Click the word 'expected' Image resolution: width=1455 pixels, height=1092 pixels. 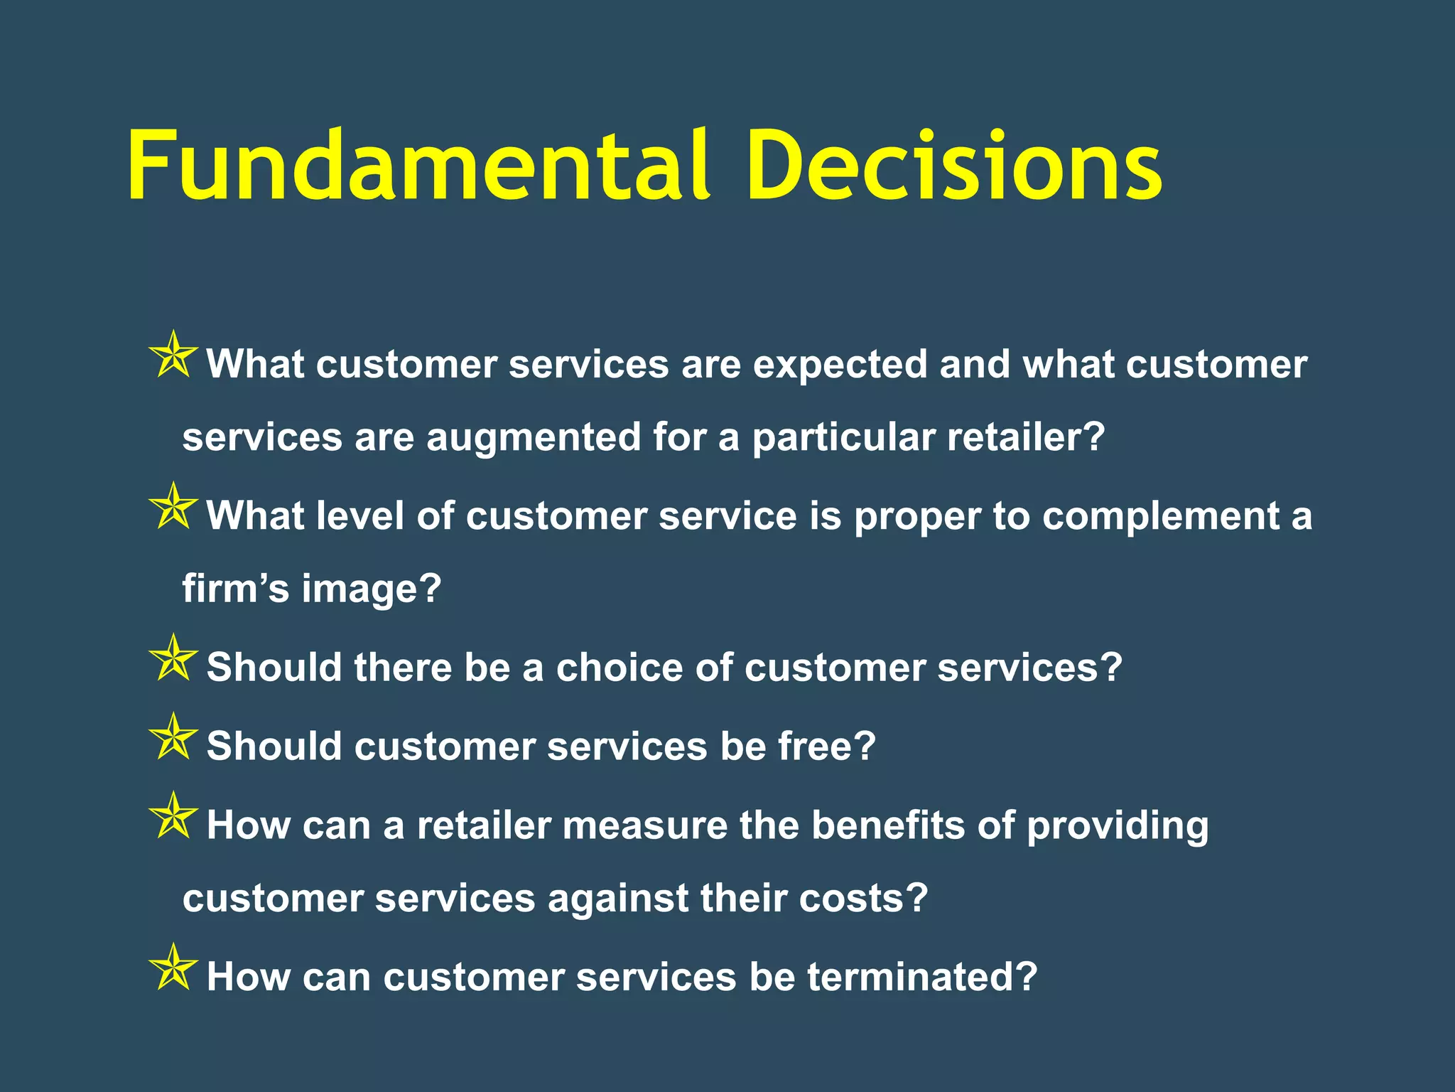point(840,365)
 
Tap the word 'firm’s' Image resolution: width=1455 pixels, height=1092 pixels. point(235,589)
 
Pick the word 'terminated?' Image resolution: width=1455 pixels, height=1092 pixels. point(921,978)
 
